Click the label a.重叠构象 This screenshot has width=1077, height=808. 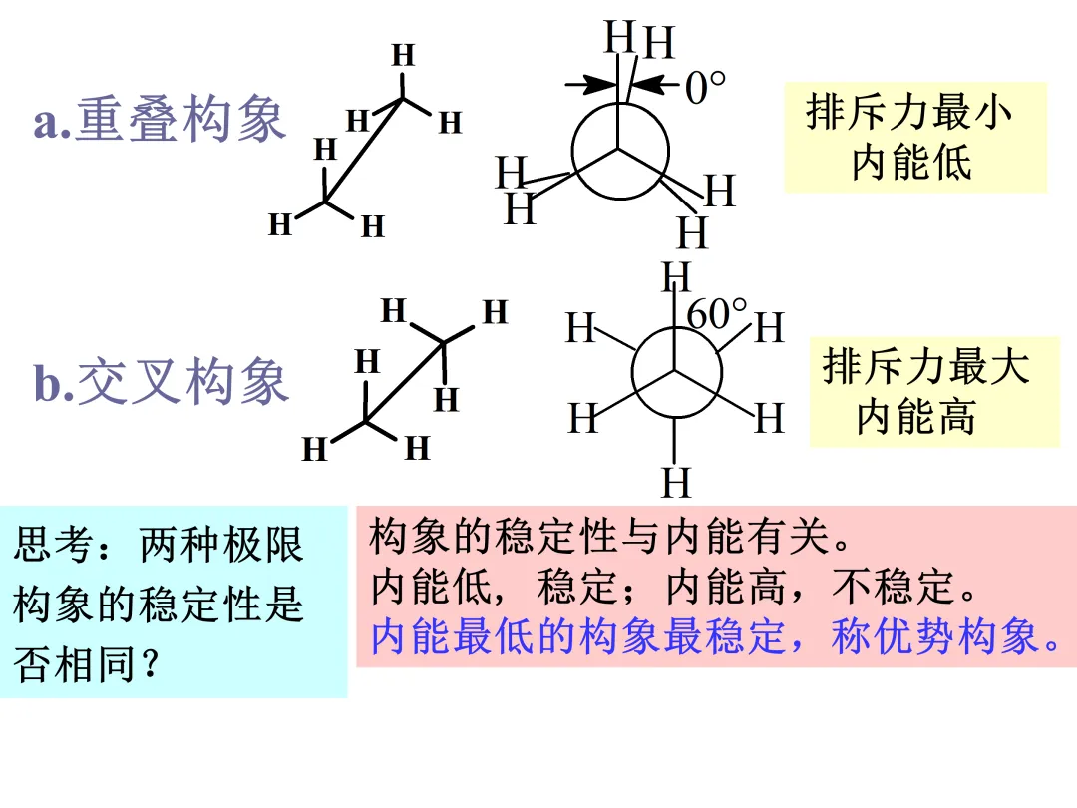tap(160, 120)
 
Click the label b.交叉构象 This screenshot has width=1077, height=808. tap(162, 384)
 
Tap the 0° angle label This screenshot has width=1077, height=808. tap(704, 89)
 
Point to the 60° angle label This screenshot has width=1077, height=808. tap(716, 314)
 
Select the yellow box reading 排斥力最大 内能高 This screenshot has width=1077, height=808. tap(925, 391)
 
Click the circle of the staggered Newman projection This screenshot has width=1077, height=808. tap(676, 375)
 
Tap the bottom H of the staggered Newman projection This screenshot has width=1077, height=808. tap(676, 483)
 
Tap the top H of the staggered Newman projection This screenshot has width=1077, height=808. tap(676, 276)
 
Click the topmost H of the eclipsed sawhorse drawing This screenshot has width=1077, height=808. tap(403, 55)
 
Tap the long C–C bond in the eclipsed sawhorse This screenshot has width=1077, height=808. tap(364, 150)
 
